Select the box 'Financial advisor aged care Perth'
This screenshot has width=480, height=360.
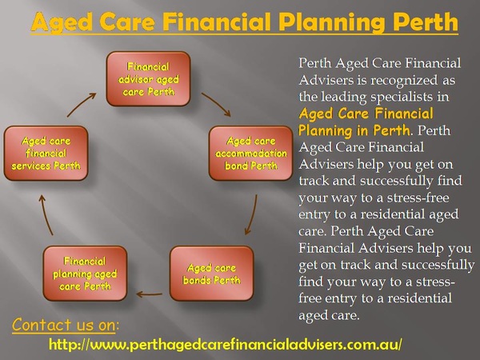(149, 79)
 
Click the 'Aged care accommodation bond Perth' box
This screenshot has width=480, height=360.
(251, 153)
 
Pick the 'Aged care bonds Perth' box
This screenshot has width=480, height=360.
(211, 274)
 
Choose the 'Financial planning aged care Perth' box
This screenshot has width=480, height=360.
(85, 274)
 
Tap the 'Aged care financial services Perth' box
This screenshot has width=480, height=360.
(46, 153)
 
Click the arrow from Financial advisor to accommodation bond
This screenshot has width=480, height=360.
(217, 103)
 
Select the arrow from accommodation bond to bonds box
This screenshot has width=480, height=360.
(252, 215)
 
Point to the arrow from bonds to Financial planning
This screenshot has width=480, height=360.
(149, 294)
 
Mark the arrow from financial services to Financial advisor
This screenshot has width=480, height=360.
(82, 105)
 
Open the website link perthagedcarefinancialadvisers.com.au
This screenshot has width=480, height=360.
(226, 344)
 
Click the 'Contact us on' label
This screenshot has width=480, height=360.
(66, 325)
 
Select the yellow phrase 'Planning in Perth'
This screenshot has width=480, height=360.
(354, 130)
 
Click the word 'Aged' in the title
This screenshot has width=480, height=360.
(62, 23)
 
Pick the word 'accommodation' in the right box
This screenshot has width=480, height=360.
(251, 153)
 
